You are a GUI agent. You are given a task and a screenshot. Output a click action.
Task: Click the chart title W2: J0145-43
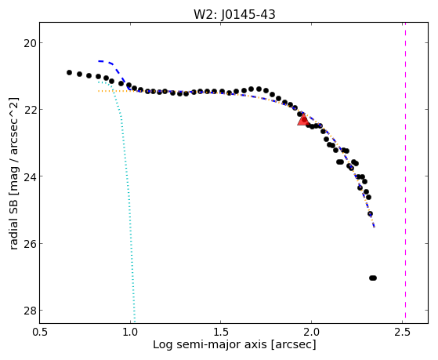coord(234,14)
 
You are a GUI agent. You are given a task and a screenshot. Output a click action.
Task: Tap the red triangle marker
coord(302,120)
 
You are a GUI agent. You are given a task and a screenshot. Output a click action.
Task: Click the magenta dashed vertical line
coord(405,173)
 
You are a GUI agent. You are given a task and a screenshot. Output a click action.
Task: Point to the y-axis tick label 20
coord(30,43)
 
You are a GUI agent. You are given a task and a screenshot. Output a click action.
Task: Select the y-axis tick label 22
coord(30,110)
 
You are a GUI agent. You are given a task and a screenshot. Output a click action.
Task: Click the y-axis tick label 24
coord(30,176)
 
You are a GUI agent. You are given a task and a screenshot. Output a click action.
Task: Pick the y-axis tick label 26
coord(30,244)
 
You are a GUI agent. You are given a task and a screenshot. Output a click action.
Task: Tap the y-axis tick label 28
coord(30,311)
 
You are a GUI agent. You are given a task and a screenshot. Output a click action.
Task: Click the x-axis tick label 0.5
coord(40,332)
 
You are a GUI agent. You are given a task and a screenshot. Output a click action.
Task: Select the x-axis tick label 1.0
coord(130,332)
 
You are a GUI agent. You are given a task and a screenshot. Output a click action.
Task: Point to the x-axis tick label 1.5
coord(221,332)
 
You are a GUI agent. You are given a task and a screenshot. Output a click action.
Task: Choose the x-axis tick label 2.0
coord(311,332)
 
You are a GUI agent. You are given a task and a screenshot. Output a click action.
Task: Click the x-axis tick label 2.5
coord(402,332)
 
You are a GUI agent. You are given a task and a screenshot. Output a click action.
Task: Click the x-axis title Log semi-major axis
coord(210,344)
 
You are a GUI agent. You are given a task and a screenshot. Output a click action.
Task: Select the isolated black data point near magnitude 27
coord(373,278)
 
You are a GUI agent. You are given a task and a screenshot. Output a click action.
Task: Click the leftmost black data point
coord(69,72)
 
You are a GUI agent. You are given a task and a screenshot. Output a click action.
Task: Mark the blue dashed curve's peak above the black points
coord(101,61)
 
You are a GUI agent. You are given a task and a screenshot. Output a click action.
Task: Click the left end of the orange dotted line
coord(98,91)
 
